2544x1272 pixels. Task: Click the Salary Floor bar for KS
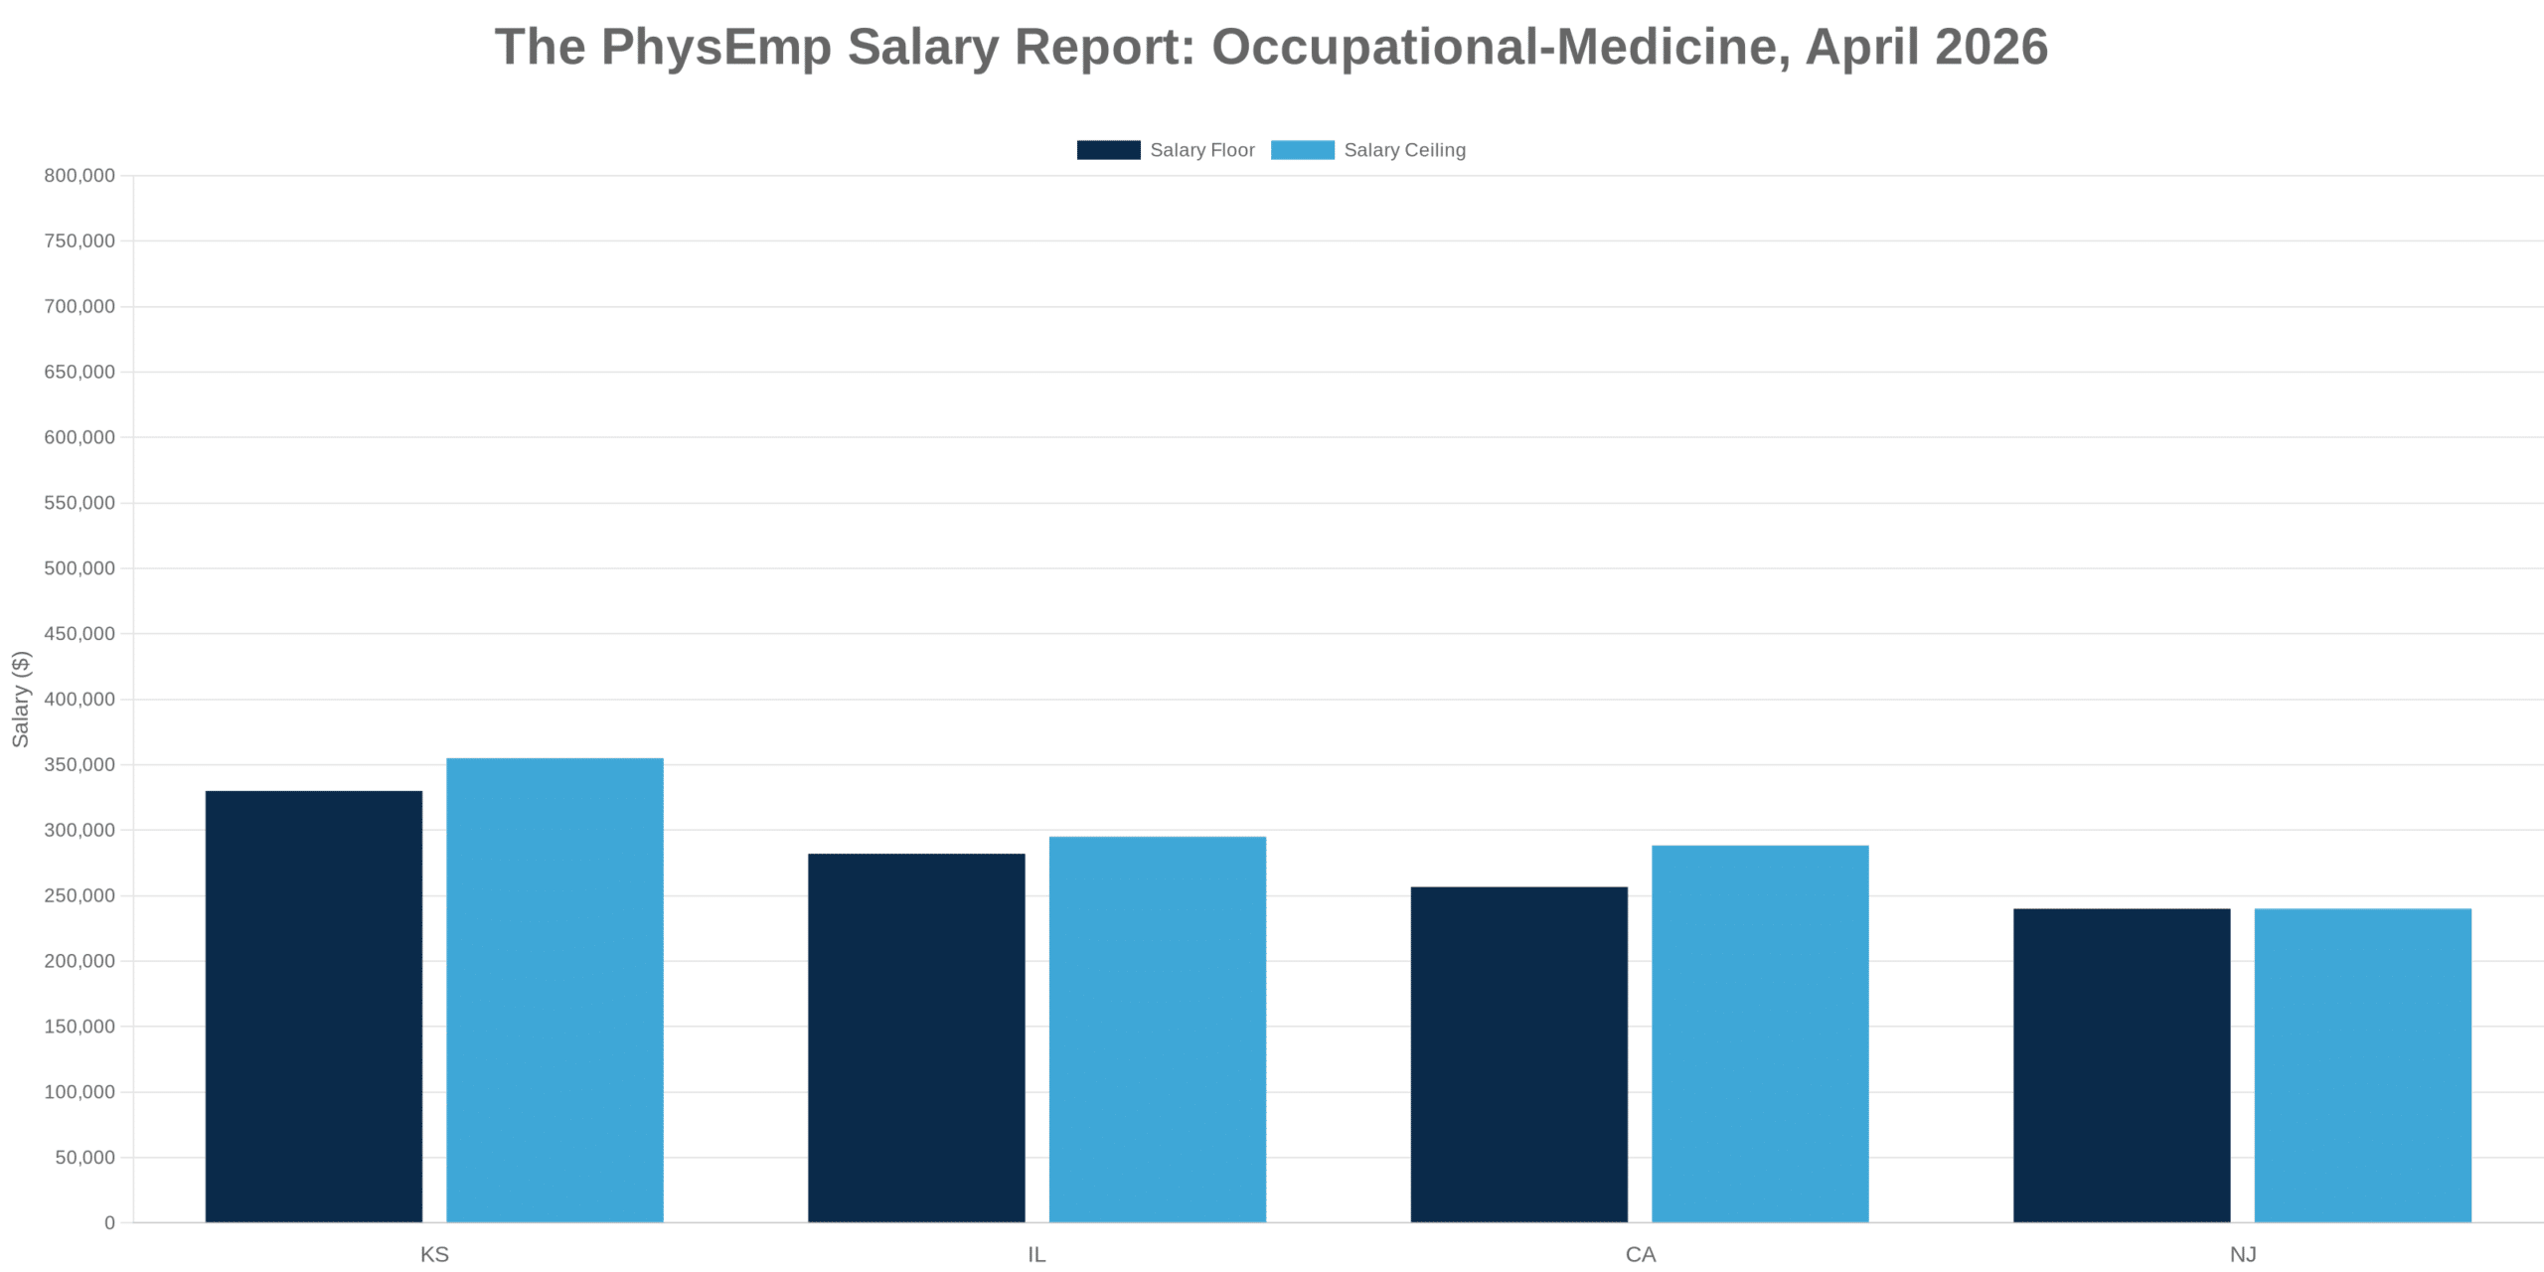pos(314,1006)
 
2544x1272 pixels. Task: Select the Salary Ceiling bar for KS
pos(555,990)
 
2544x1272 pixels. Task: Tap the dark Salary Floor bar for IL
pos(916,1037)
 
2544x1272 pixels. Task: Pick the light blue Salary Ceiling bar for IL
pos(1158,1029)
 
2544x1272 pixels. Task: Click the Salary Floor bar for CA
pos(1518,1053)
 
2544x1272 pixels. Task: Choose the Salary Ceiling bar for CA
pos(1760,1033)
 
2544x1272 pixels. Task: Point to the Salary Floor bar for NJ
pos(2122,1065)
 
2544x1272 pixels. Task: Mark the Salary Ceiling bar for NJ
pos(2362,1065)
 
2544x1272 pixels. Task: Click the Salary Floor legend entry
pos(1166,150)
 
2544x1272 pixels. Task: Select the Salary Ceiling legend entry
pos(1368,150)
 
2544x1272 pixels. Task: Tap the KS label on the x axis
pos(434,1254)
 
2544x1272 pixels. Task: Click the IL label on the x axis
pos(1036,1254)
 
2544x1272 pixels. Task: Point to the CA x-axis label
pos(1640,1254)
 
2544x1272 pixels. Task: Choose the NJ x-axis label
pos(2243,1254)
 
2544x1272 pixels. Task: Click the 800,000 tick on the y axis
pos(79,176)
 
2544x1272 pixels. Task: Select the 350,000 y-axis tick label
pos(79,764)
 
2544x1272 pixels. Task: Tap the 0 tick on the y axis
pos(109,1222)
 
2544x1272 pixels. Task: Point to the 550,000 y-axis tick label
pos(79,503)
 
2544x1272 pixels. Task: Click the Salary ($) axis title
pos(21,699)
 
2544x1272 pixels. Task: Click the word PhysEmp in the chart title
pos(715,47)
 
